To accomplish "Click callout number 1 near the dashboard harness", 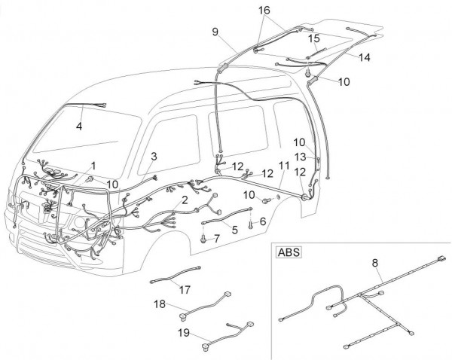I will point(93,165).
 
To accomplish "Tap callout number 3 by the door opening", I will point(154,156).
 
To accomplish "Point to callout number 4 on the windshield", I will point(78,127).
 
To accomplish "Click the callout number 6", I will point(263,221).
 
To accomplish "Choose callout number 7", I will point(217,238).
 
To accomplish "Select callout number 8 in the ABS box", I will point(374,263).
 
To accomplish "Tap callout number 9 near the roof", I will point(215,32).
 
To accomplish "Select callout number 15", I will point(313,38).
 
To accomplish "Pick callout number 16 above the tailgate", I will point(264,10).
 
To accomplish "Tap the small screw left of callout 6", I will point(251,221).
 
